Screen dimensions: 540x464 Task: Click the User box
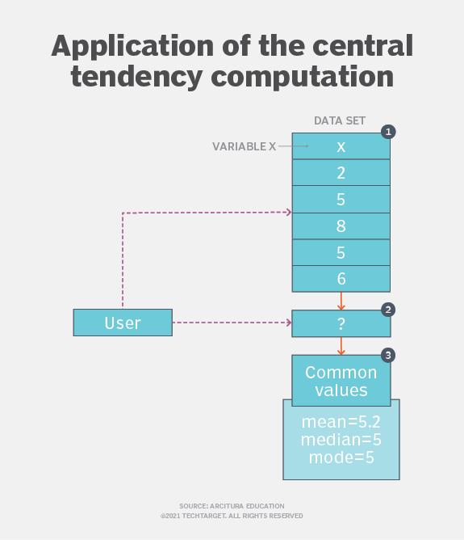coord(123,323)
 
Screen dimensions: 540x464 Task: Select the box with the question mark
coord(341,323)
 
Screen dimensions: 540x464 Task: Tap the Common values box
coord(341,382)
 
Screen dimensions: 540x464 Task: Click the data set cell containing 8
coord(341,226)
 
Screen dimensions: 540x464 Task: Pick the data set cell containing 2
coord(341,173)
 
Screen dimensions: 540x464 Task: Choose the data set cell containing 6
coord(341,278)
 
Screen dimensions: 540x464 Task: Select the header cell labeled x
coord(341,146)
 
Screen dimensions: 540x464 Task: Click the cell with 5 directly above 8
coord(341,199)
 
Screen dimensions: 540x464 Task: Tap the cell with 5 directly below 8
coord(341,252)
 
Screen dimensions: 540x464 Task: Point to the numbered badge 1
coord(388,131)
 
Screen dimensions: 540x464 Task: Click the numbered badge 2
coord(388,309)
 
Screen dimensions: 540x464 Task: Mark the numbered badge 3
coord(388,355)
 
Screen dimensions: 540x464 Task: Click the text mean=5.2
coord(341,422)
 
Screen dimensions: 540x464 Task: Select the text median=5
coord(341,440)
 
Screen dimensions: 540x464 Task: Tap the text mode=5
coord(341,458)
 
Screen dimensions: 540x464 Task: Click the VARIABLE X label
coord(245,146)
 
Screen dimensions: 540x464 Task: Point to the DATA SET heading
coord(340,120)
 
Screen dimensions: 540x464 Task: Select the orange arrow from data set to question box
coord(341,301)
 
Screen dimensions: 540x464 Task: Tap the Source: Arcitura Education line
coord(232,506)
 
